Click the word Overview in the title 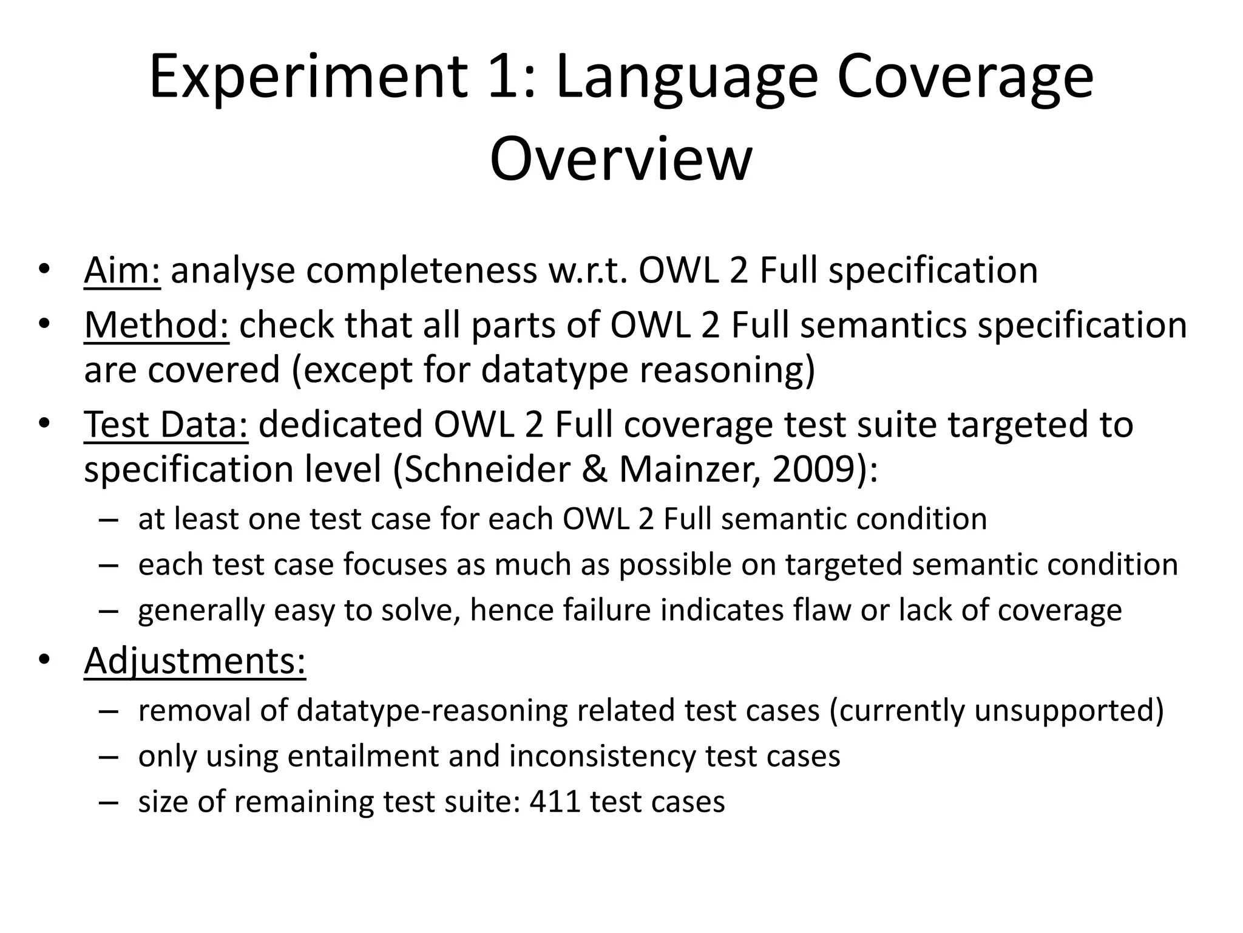click(620, 159)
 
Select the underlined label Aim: click(122, 270)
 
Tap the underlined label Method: click(157, 325)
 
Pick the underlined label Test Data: click(166, 424)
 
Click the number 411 click(554, 801)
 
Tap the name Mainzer click(688, 469)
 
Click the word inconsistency click(603, 756)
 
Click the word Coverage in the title click(965, 77)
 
